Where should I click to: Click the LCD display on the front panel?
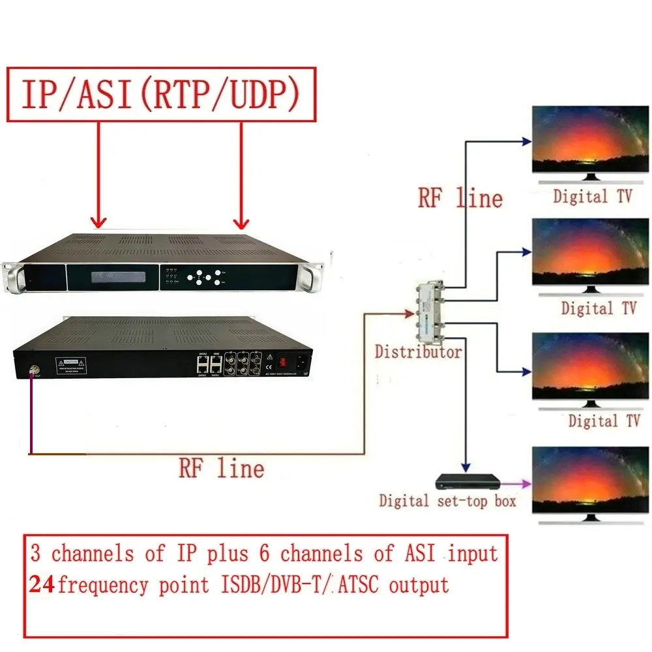(113, 279)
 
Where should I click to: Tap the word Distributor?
(418, 353)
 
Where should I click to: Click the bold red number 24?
(42, 584)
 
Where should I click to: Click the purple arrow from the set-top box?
(516, 483)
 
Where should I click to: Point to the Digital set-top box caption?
(447, 501)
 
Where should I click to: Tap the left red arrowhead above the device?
(98, 222)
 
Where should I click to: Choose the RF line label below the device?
(222, 467)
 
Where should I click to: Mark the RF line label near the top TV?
(460, 198)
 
